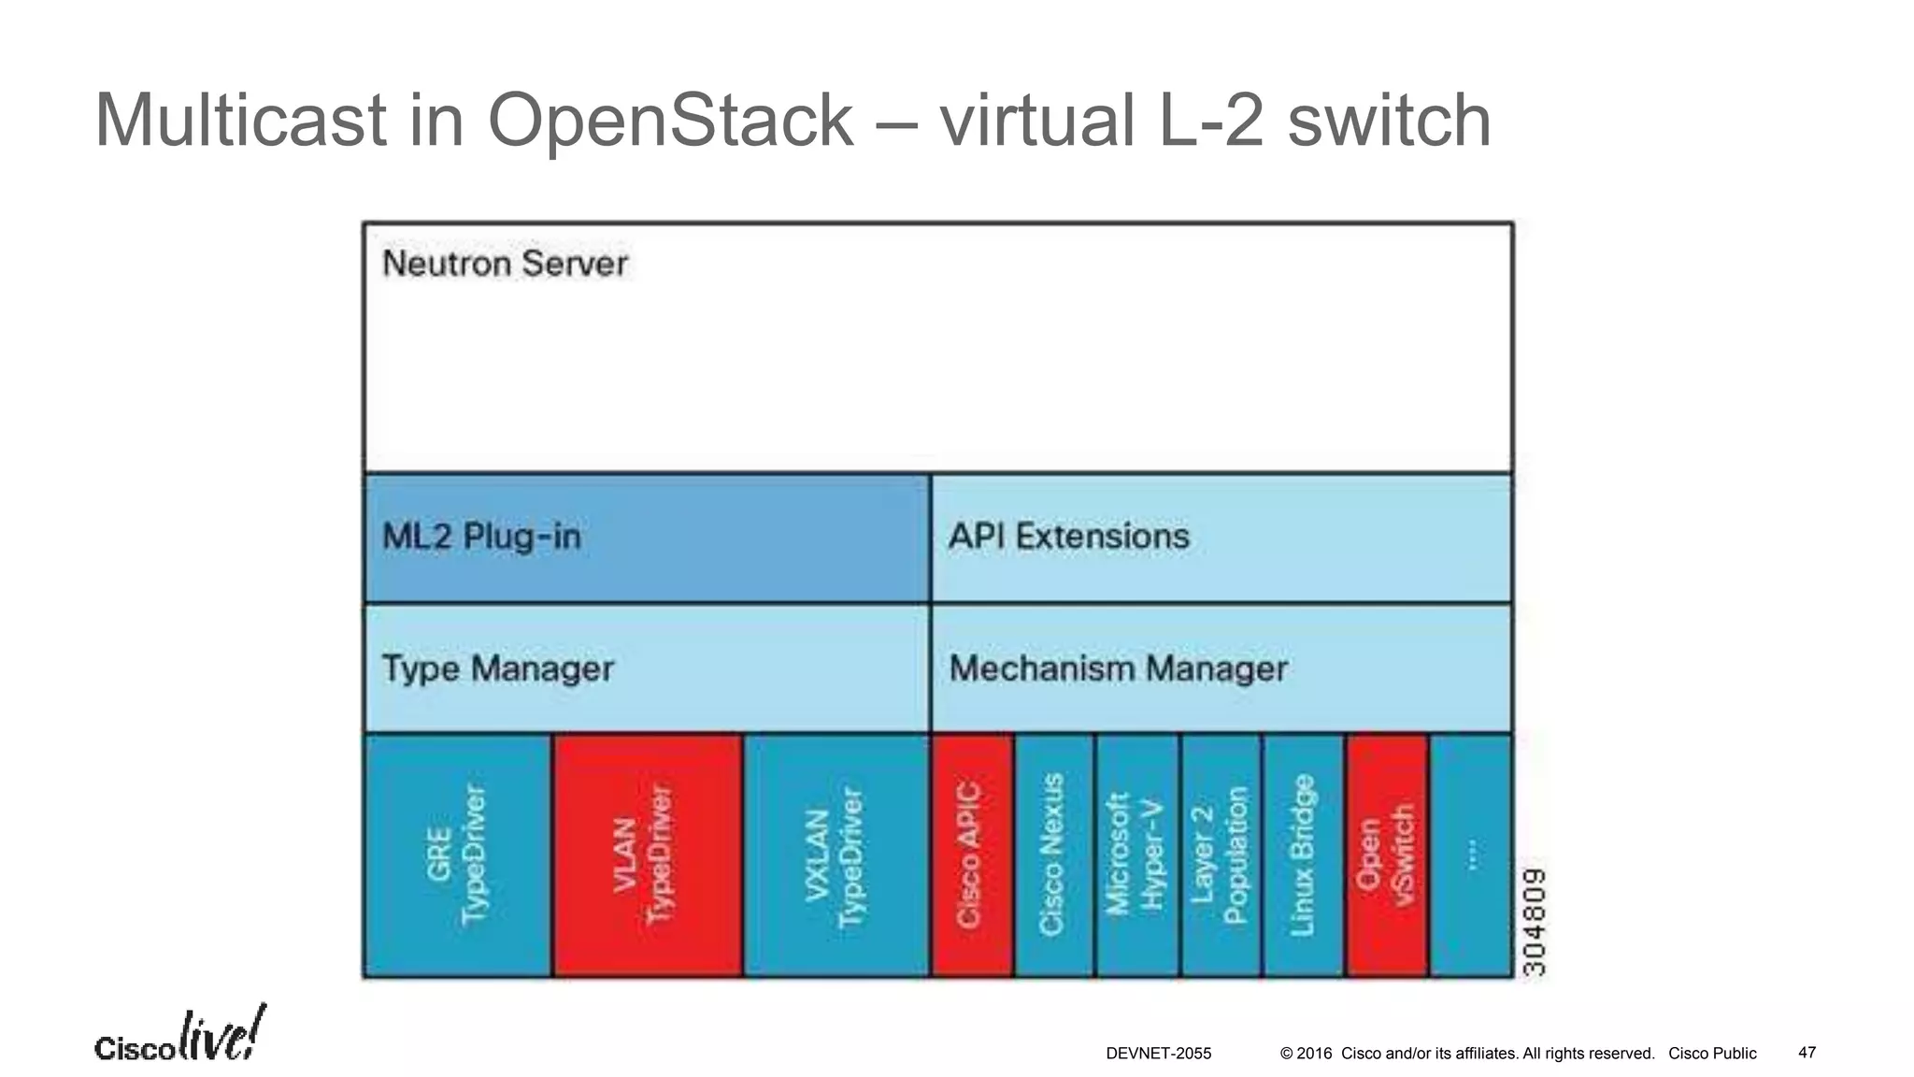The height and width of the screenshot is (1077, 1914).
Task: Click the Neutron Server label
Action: (x=505, y=264)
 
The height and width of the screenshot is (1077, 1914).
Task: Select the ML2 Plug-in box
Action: (x=647, y=538)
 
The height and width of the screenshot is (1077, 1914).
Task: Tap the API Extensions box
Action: (x=1221, y=538)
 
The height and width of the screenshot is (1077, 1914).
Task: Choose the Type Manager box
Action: (x=647, y=668)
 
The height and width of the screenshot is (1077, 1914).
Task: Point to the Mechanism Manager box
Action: (x=1221, y=668)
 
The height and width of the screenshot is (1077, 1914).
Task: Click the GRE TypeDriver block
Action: (x=457, y=855)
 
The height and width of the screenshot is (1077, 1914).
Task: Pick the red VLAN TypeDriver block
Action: (x=647, y=855)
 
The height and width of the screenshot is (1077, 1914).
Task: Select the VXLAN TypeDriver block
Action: (x=836, y=855)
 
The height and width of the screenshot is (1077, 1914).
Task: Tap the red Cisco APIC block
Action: (x=972, y=855)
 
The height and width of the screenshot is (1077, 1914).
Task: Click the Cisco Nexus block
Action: (x=1053, y=855)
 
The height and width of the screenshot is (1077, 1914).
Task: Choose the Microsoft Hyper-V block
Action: (x=1136, y=855)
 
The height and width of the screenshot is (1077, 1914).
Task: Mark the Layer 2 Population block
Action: (x=1221, y=855)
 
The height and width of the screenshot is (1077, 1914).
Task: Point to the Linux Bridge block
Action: (x=1303, y=855)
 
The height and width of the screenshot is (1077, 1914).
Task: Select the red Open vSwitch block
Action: (x=1387, y=855)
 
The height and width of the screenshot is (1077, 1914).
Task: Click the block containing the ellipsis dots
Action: (x=1471, y=855)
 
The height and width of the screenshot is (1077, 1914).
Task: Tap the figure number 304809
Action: (x=1535, y=922)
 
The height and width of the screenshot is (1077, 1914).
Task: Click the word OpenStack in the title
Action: (x=670, y=121)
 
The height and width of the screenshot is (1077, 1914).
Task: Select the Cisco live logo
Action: (x=179, y=1037)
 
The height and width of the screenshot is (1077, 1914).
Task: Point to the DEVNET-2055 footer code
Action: (x=1158, y=1054)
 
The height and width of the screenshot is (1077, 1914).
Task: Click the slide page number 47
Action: (x=1807, y=1053)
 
